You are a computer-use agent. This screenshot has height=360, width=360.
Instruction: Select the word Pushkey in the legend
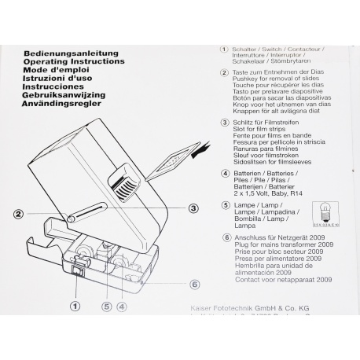(237, 80)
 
